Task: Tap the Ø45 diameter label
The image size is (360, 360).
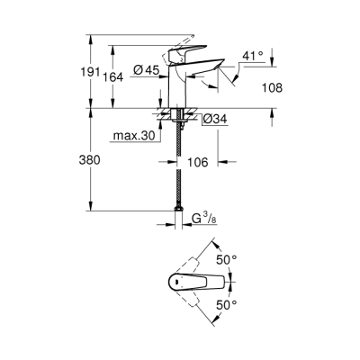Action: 148,71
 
